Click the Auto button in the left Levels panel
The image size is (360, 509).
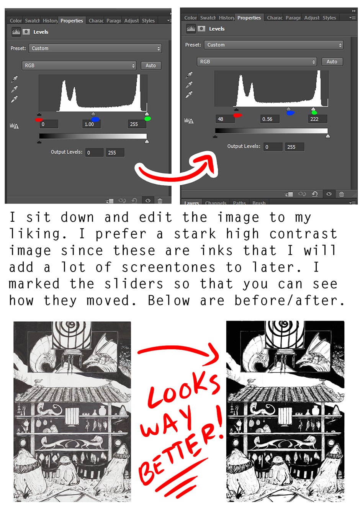[x=151, y=65]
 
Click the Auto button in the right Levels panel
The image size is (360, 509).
[x=332, y=62]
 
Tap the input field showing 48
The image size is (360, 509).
[x=225, y=119]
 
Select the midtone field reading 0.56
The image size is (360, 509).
[x=270, y=119]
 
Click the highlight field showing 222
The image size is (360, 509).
[x=317, y=119]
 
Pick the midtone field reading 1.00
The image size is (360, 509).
[x=92, y=124]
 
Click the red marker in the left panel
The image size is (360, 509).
[x=39, y=119]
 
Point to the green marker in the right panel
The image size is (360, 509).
[x=314, y=113]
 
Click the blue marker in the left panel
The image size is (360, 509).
[x=95, y=119]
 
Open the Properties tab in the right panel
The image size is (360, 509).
[x=249, y=18]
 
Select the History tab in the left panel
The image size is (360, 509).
[x=50, y=21]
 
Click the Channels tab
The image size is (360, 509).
[x=216, y=203]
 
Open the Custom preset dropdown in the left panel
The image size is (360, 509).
[x=95, y=48]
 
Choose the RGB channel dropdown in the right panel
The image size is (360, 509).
[x=257, y=62]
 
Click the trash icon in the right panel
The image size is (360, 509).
[x=341, y=194]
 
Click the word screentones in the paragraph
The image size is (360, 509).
[x=169, y=267]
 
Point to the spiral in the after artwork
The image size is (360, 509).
[x=284, y=327]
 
